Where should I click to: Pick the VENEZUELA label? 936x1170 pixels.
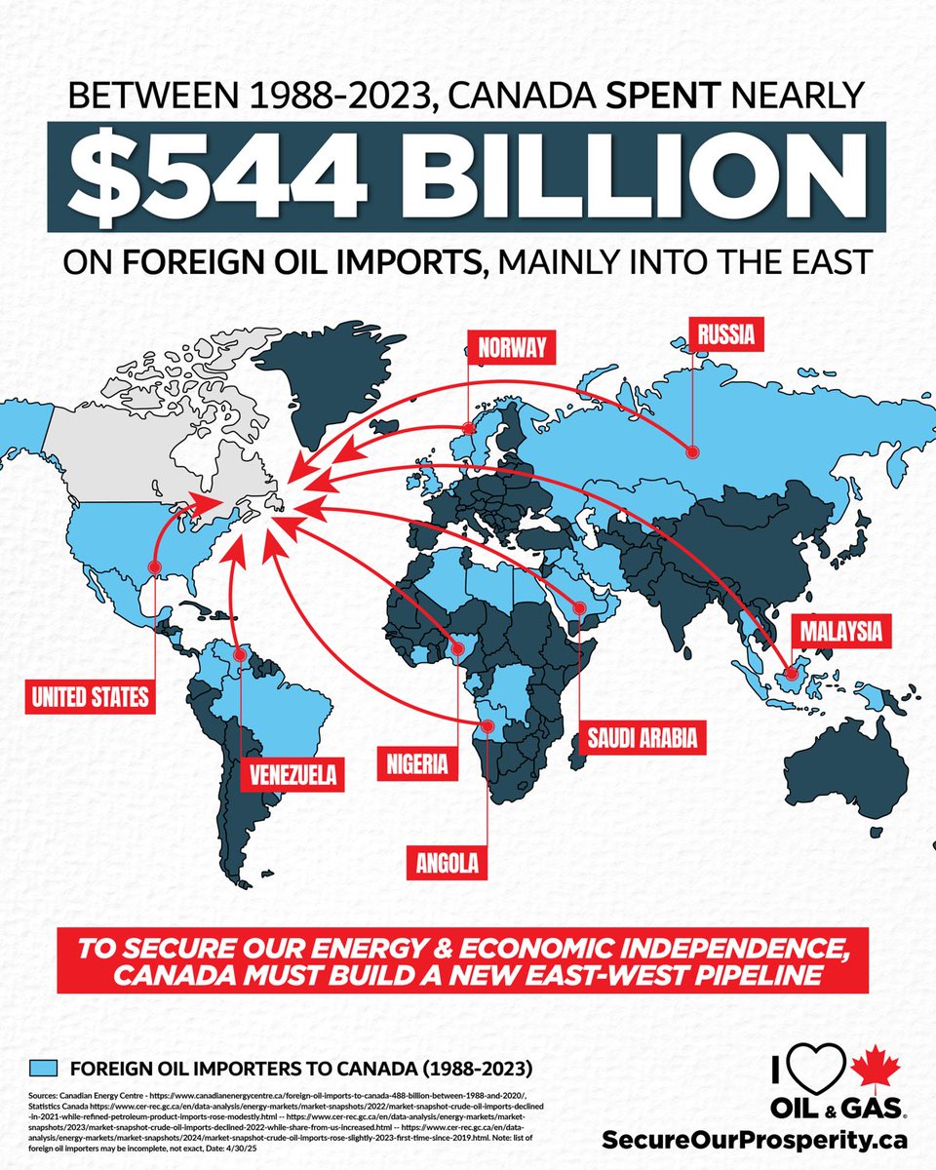292,776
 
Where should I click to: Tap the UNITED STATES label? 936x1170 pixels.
90,696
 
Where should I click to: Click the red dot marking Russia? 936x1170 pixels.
691,452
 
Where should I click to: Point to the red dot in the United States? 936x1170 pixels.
153,565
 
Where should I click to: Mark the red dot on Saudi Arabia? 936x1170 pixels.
578,608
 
